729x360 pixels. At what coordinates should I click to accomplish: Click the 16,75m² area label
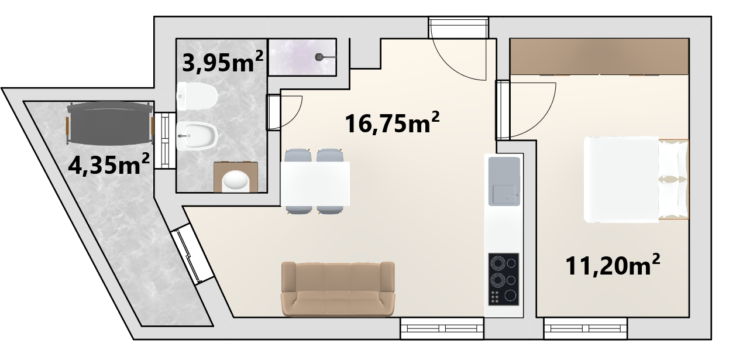coord(392,123)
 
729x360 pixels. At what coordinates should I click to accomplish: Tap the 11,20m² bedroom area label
coord(613,265)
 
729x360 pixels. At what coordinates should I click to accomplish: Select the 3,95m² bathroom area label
coord(222,62)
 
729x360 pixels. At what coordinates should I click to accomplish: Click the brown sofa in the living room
coord(338,289)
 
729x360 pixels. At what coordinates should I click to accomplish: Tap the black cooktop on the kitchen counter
coord(504,279)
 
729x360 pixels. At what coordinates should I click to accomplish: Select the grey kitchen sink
coord(504,181)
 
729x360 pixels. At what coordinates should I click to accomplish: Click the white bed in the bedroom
coord(636,180)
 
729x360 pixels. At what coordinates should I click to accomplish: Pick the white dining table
coord(315,184)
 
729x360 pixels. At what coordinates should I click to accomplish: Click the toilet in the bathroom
coord(197,97)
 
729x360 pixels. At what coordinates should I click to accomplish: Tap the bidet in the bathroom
coord(197,136)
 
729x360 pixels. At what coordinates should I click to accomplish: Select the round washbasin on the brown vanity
coord(236,180)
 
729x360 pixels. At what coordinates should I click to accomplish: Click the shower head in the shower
coord(319,57)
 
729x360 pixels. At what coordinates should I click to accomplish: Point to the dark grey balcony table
coord(110,123)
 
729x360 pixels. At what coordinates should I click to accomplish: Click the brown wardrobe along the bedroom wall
coord(599,57)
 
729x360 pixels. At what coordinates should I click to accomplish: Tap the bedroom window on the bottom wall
coord(586,328)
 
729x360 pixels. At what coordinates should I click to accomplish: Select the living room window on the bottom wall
coord(442,328)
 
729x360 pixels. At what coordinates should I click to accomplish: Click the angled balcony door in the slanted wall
coord(192,254)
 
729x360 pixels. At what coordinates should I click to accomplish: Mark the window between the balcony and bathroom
coord(165,140)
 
